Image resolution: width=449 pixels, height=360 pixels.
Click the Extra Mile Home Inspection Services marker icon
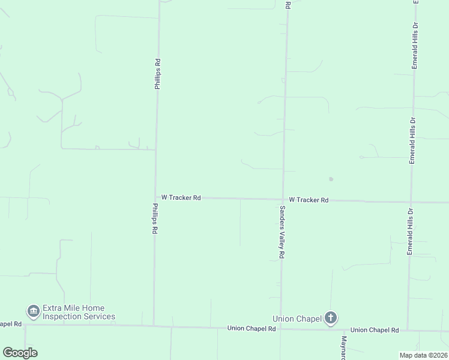pyautogui.click(x=33, y=311)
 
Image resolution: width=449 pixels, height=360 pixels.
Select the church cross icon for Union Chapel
pyautogui.click(x=330, y=318)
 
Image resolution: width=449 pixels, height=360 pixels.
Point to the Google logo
pyautogui.click(x=20, y=353)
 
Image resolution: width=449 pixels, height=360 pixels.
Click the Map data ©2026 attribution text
pyautogui.click(x=423, y=355)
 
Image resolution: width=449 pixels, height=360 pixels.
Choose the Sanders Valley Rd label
pyautogui.click(x=282, y=232)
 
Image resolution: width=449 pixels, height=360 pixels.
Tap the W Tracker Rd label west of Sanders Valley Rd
pyautogui.click(x=181, y=197)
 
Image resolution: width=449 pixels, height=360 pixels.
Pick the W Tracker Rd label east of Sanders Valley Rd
pyautogui.click(x=309, y=200)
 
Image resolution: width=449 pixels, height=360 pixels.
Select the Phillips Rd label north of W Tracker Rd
pyautogui.click(x=157, y=74)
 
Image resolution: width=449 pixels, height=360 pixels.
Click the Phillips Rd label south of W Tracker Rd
pyautogui.click(x=155, y=218)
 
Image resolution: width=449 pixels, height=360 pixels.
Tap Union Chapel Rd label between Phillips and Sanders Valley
pyautogui.click(x=252, y=328)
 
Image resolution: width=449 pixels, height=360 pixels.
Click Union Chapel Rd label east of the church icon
pyautogui.click(x=375, y=330)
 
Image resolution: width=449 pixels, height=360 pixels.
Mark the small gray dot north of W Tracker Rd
pyautogui.click(x=331, y=179)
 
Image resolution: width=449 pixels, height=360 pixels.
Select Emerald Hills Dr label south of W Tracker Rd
pyautogui.click(x=411, y=231)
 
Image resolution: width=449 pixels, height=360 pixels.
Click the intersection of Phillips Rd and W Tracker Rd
pyautogui.click(x=155, y=197)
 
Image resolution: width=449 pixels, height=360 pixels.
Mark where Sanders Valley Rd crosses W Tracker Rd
pyautogui.click(x=283, y=199)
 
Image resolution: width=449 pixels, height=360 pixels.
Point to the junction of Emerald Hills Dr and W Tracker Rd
pyautogui.click(x=411, y=202)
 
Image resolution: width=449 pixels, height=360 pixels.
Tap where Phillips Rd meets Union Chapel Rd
pyautogui.click(x=154, y=326)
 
